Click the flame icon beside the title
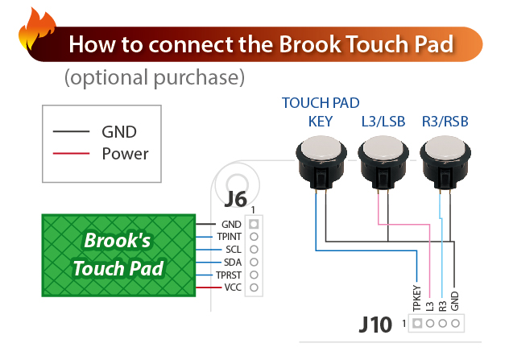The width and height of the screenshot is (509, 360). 36,31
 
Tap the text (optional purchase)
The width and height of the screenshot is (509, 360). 155,78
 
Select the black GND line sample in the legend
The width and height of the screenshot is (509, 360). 71,131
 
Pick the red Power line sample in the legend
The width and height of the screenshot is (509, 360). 71,153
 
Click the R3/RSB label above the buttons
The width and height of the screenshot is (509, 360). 445,122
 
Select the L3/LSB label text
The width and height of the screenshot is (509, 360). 383,122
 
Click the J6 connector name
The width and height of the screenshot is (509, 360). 236,199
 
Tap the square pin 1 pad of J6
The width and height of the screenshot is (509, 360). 254,224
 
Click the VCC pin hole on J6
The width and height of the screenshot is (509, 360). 254,288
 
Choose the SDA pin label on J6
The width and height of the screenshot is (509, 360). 233,263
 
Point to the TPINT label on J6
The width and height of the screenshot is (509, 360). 230,237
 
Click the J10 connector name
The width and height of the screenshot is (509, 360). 375,325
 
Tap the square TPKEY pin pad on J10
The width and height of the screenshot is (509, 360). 417,323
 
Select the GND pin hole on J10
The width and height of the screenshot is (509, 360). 455,323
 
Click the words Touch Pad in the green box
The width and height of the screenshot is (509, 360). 118,268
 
